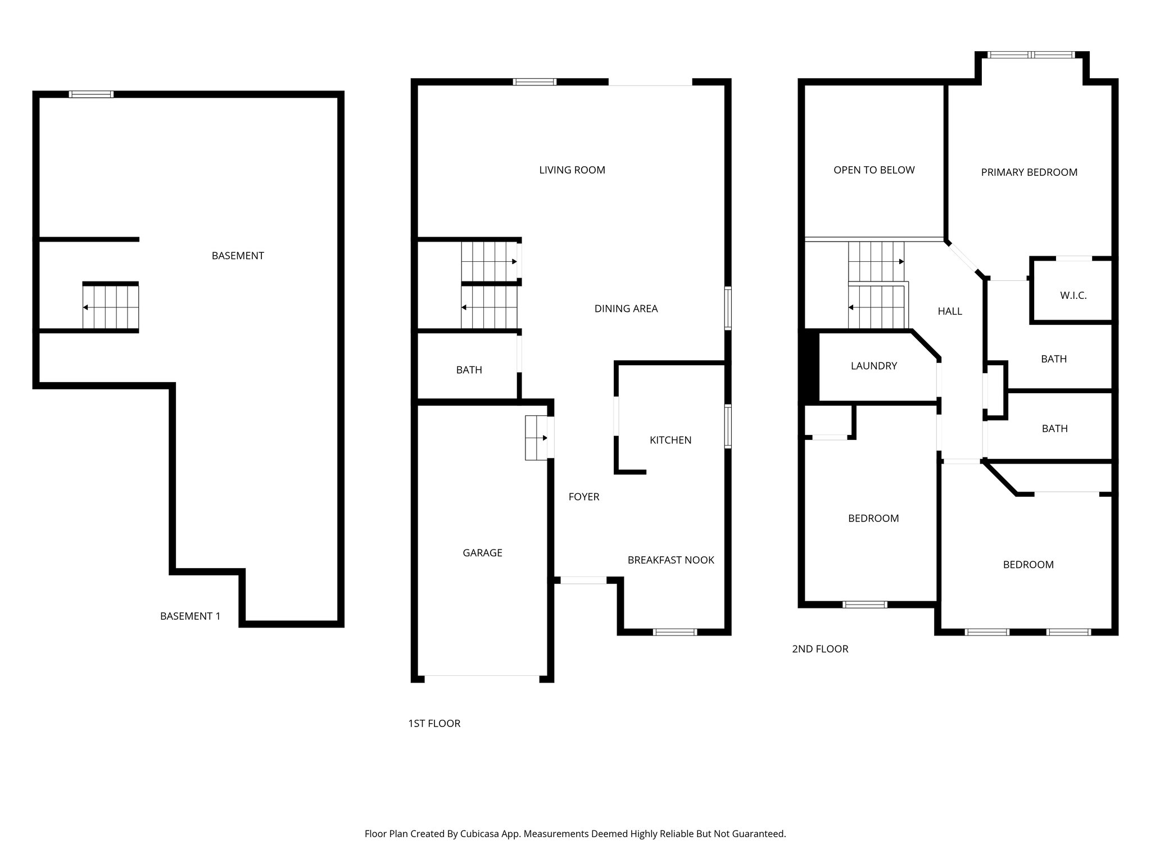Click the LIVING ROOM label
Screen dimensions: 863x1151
572,170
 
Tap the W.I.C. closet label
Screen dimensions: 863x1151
1073,296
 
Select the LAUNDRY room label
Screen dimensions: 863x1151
873,366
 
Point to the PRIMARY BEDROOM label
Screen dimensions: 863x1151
1029,172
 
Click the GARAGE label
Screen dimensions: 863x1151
482,553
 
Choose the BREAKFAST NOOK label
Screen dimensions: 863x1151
670,560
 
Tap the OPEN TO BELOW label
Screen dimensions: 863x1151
874,170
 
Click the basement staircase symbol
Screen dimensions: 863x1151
111,307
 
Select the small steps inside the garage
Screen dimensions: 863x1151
536,438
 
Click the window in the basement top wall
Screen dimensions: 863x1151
91,94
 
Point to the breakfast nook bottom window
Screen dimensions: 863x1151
675,632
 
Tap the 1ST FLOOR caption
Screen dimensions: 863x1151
434,724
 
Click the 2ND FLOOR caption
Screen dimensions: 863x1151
820,649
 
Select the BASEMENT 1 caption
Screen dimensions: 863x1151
190,616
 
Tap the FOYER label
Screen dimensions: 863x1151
583,497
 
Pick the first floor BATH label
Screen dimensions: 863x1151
469,370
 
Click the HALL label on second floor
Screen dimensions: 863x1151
950,311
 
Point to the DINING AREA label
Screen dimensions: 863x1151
626,308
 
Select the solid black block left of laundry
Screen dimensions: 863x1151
809,366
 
